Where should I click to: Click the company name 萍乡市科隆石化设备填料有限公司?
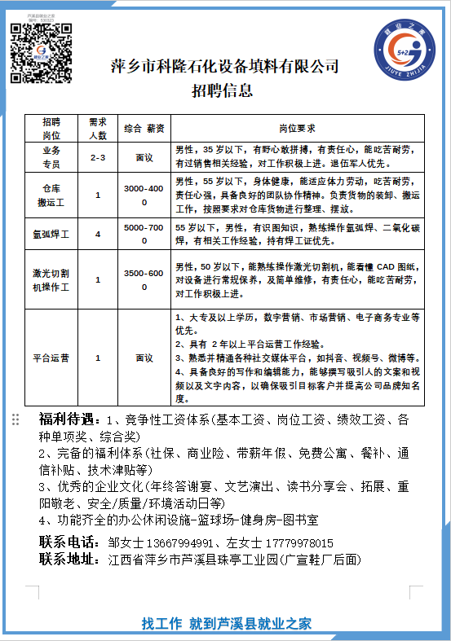tap(224, 67)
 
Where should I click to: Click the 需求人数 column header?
tap(98, 129)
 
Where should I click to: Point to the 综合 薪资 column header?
tap(144, 129)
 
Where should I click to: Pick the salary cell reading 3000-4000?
tap(144, 195)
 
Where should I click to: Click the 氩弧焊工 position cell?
tap(51, 235)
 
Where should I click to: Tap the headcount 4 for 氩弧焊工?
tap(98, 235)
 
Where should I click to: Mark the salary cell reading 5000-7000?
tap(144, 235)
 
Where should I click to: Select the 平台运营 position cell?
tap(51, 357)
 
